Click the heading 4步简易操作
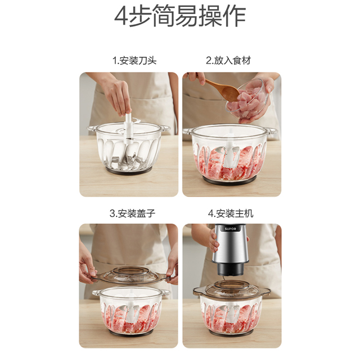click(x=180, y=17)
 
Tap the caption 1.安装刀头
click(x=134, y=60)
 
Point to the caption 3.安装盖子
click(x=132, y=213)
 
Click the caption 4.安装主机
click(x=231, y=213)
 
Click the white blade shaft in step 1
click(x=128, y=127)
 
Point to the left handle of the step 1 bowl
click(x=91, y=129)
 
